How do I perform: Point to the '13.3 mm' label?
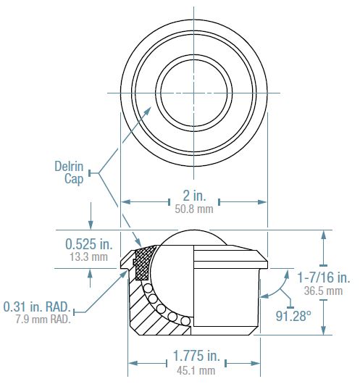[88, 257]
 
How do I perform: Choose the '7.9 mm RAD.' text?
[43, 319]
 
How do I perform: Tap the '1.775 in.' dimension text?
[195, 357]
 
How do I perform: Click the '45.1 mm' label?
[195, 370]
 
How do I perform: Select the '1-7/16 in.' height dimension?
[323, 278]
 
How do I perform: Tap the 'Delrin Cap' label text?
[70, 172]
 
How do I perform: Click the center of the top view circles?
[193, 92]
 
